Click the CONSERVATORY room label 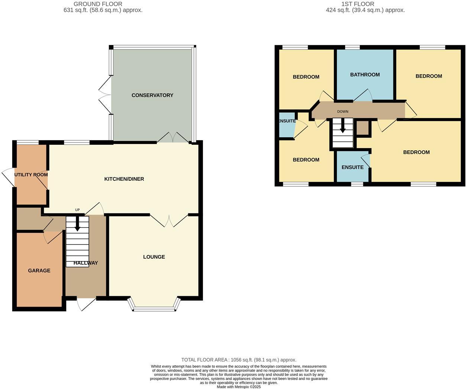click(x=152, y=95)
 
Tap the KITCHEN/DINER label click(x=124, y=179)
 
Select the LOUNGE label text click(x=154, y=257)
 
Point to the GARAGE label click(x=39, y=271)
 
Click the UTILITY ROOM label click(x=31, y=175)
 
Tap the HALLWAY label click(x=86, y=263)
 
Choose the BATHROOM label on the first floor click(x=365, y=75)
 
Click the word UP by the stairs click(x=77, y=210)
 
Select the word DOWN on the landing click(x=342, y=112)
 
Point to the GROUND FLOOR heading click(x=98, y=4)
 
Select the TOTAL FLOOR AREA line click(x=239, y=360)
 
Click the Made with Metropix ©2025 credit click(x=239, y=387)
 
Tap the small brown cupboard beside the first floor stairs click(x=362, y=128)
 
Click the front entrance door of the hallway click(x=86, y=303)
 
